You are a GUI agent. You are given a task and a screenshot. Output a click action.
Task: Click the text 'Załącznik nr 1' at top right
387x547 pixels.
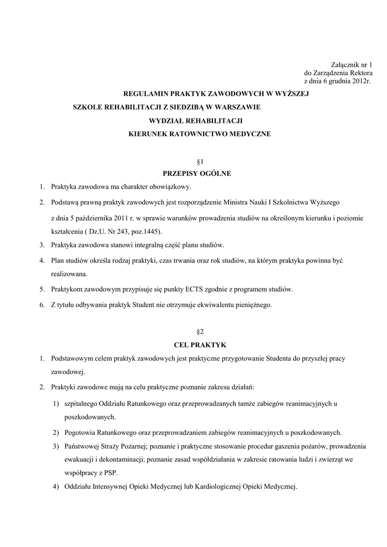click(x=349, y=65)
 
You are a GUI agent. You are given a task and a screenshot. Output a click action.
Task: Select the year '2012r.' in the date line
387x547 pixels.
click(x=361, y=81)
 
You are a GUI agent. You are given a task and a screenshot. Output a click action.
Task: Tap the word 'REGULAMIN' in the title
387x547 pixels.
click(x=145, y=93)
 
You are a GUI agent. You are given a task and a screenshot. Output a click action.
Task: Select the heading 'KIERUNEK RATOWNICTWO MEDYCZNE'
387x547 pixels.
click(x=200, y=134)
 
